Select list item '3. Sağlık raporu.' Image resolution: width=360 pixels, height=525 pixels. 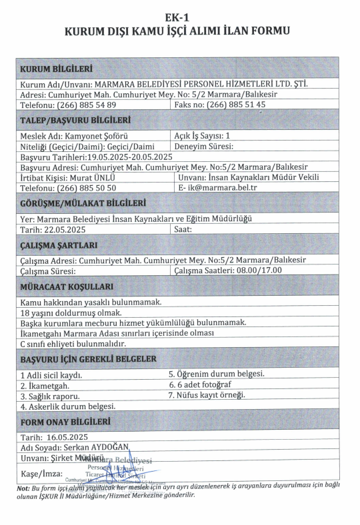50,396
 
